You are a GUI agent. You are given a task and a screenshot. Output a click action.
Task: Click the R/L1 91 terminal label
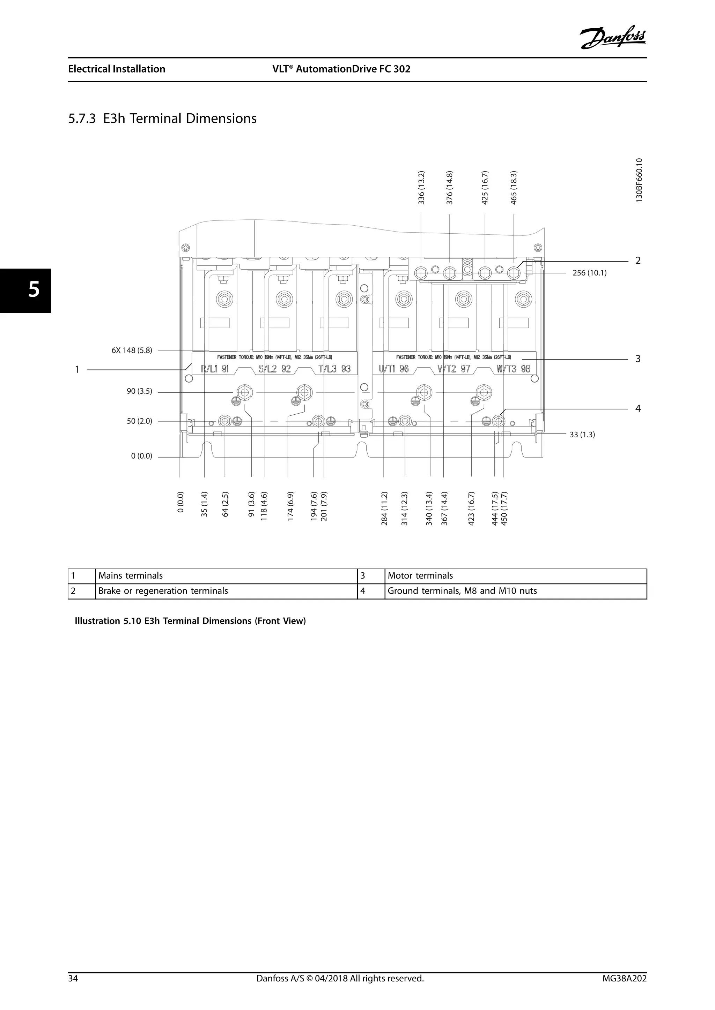pyautogui.click(x=215, y=369)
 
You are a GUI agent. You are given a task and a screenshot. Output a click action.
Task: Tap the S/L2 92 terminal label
pyautogui.click(x=275, y=369)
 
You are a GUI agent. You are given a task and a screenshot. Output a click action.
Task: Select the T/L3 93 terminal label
pyautogui.click(x=334, y=369)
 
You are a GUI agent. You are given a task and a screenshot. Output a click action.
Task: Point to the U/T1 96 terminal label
pyautogui.click(x=393, y=369)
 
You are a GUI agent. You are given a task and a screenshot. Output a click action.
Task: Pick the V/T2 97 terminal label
pyautogui.click(x=454, y=369)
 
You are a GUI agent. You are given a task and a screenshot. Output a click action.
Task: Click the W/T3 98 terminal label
pyautogui.click(x=513, y=369)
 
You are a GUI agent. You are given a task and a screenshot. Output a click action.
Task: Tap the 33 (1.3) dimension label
pyautogui.click(x=582, y=435)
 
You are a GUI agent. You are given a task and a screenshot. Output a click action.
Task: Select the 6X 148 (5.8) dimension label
pyautogui.click(x=132, y=351)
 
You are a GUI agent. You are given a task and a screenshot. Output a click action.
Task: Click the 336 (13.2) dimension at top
pyautogui.click(x=421, y=188)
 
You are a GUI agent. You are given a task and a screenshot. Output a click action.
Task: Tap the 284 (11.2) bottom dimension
pyautogui.click(x=384, y=508)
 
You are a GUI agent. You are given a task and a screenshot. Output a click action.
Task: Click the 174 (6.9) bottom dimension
pyautogui.click(x=290, y=508)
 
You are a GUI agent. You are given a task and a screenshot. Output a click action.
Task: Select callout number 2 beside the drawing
pyautogui.click(x=638, y=261)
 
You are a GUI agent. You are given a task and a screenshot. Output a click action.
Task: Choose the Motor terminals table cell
pyautogui.click(x=420, y=576)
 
